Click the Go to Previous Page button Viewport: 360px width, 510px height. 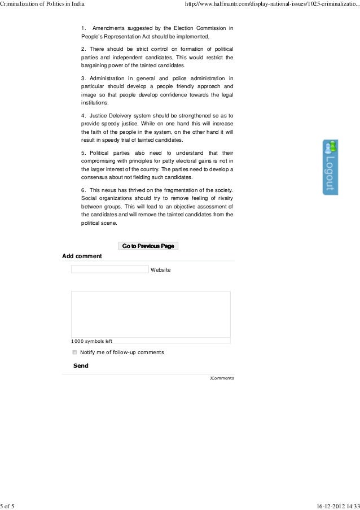(x=148, y=246)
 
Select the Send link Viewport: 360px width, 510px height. (x=81, y=365)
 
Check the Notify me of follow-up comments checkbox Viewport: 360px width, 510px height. (x=74, y=352)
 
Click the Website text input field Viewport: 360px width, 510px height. (x=109, y=269)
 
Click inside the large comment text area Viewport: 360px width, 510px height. (x=150, y=313)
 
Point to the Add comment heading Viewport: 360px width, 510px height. (x=82, y=256)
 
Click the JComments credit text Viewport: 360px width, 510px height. (x=221, y=377)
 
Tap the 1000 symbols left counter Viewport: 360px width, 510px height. (x=91, y=341)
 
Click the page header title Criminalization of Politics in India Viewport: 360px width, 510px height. (x=42, y=5)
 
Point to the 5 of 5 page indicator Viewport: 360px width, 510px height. (x=8, y=505)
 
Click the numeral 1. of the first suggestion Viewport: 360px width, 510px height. (x=84, y=28)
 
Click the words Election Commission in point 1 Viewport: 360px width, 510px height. (x=205, y=28)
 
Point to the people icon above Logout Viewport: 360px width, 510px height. (x=330, y=146)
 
